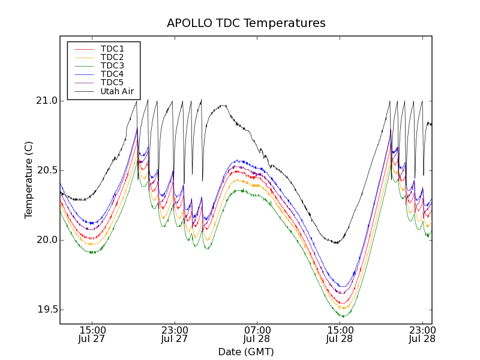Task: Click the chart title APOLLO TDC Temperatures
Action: pyautogui.click(x=246, y=23)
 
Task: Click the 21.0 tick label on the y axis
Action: pyautogui.click(x=46, y=101)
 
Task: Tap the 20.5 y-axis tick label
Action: pyautogui.click(x=46, y=170)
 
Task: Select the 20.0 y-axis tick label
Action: pyautogui.click(x=46, y=240)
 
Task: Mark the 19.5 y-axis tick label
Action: pyautogui.click(x=46, y=310)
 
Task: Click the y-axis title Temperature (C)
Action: pyautogui.click(x=29, y=180)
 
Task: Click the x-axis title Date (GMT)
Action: pyautogui.click(x=246, y=352)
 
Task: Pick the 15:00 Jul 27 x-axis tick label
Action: pyautogui.click(x=92, y=334)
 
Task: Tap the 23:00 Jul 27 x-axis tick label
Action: pyautogui.click(x=175, y=334)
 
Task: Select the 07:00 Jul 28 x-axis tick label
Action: pyautogui.click(x=257, y=334)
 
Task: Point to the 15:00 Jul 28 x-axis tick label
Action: pyautogui.click(x=340, y=334)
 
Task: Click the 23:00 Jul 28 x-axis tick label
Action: pyautogui.click(x=422, y=334)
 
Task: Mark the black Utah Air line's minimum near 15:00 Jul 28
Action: pyautogui.click(x=337, y=242)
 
